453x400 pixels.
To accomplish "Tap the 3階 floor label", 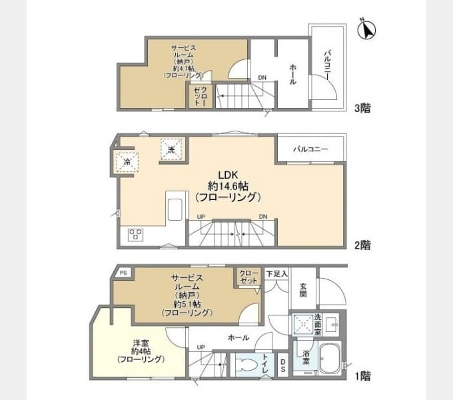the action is point(362,108).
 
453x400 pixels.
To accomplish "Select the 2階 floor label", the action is point(362,245).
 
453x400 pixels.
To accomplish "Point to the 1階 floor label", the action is point(362,376).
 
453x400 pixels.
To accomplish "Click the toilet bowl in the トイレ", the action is point(246,365).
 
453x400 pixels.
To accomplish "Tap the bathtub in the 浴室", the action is point(330,359).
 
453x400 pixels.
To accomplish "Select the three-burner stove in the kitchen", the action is point(135,235).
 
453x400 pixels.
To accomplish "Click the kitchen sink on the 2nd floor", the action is point(175,209).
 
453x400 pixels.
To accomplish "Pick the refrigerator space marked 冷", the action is point(127,162).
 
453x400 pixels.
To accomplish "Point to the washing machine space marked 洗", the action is point(171,149).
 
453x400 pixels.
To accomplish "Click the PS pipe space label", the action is point(123,273).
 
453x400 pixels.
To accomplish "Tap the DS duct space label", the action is point(283,365).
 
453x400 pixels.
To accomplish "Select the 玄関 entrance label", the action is point(303,291).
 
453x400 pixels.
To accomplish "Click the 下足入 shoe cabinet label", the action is point(276,274).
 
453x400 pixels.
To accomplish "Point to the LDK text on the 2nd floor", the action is point(228,175).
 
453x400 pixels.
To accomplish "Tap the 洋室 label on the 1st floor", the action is point(141,343).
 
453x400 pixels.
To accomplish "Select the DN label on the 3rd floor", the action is point(262,77).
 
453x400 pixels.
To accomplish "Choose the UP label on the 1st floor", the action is point(201,347).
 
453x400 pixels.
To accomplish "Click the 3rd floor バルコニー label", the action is point(327,65).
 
